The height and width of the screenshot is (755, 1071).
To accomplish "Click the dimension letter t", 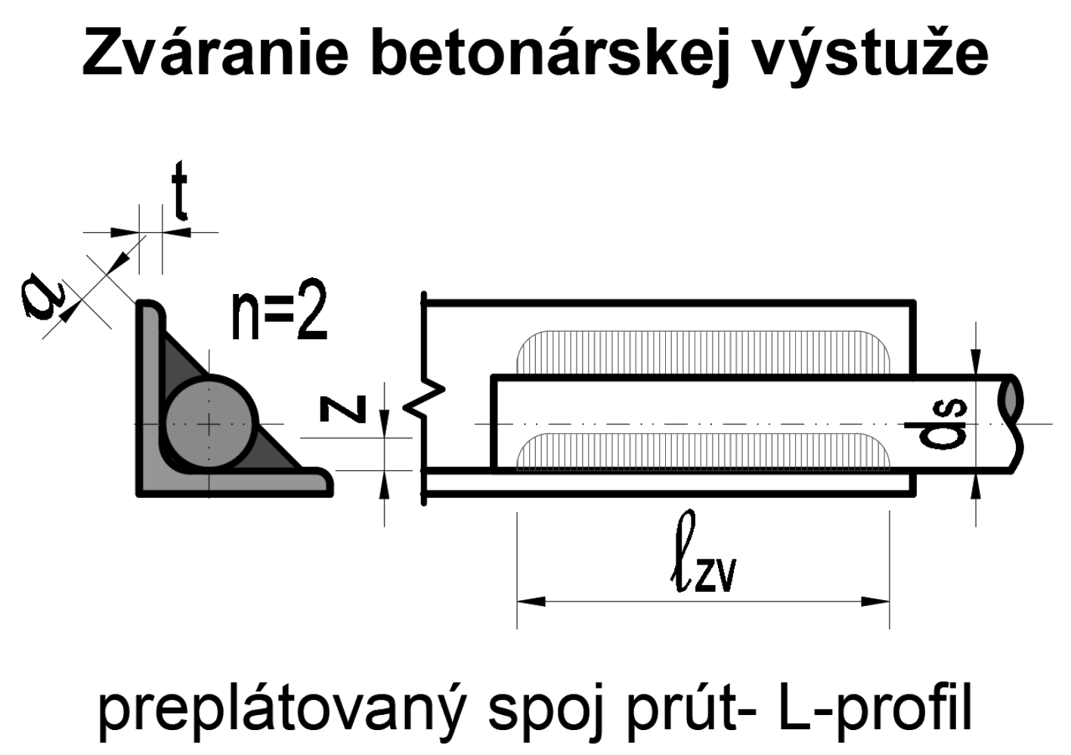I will [179, 193].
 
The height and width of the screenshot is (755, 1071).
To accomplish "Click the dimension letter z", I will [345, 408].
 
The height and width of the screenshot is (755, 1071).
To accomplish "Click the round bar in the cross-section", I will [209, 425].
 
